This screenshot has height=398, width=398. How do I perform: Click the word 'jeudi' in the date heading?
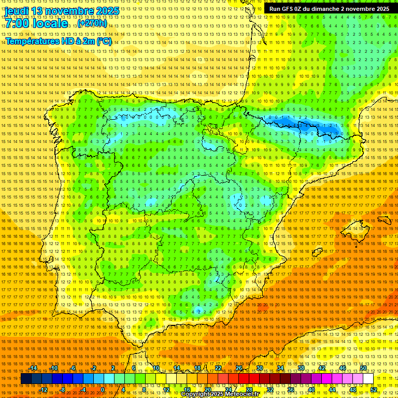(17, 11)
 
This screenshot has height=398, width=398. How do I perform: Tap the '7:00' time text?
(18, 23)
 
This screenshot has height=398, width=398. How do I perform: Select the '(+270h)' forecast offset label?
(92, 23)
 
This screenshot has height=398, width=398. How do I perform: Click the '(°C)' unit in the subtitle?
(104, 41)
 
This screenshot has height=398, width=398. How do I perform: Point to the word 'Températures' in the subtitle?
(33, 41)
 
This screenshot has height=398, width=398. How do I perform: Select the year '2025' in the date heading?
(108, 11)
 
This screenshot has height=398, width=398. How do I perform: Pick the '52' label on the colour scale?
(374, 390)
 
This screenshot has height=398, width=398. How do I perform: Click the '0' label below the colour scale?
(103, 390)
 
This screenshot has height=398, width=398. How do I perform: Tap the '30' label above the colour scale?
(260, 368)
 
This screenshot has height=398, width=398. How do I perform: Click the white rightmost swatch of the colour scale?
(368, 379)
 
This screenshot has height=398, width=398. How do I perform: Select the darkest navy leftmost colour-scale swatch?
(26, 379)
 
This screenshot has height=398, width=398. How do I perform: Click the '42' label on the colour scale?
(322, 368)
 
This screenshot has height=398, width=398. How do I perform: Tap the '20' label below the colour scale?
(207, 390)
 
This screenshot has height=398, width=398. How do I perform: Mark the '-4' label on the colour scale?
(82, 390)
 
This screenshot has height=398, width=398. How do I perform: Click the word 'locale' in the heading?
(50, 23)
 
